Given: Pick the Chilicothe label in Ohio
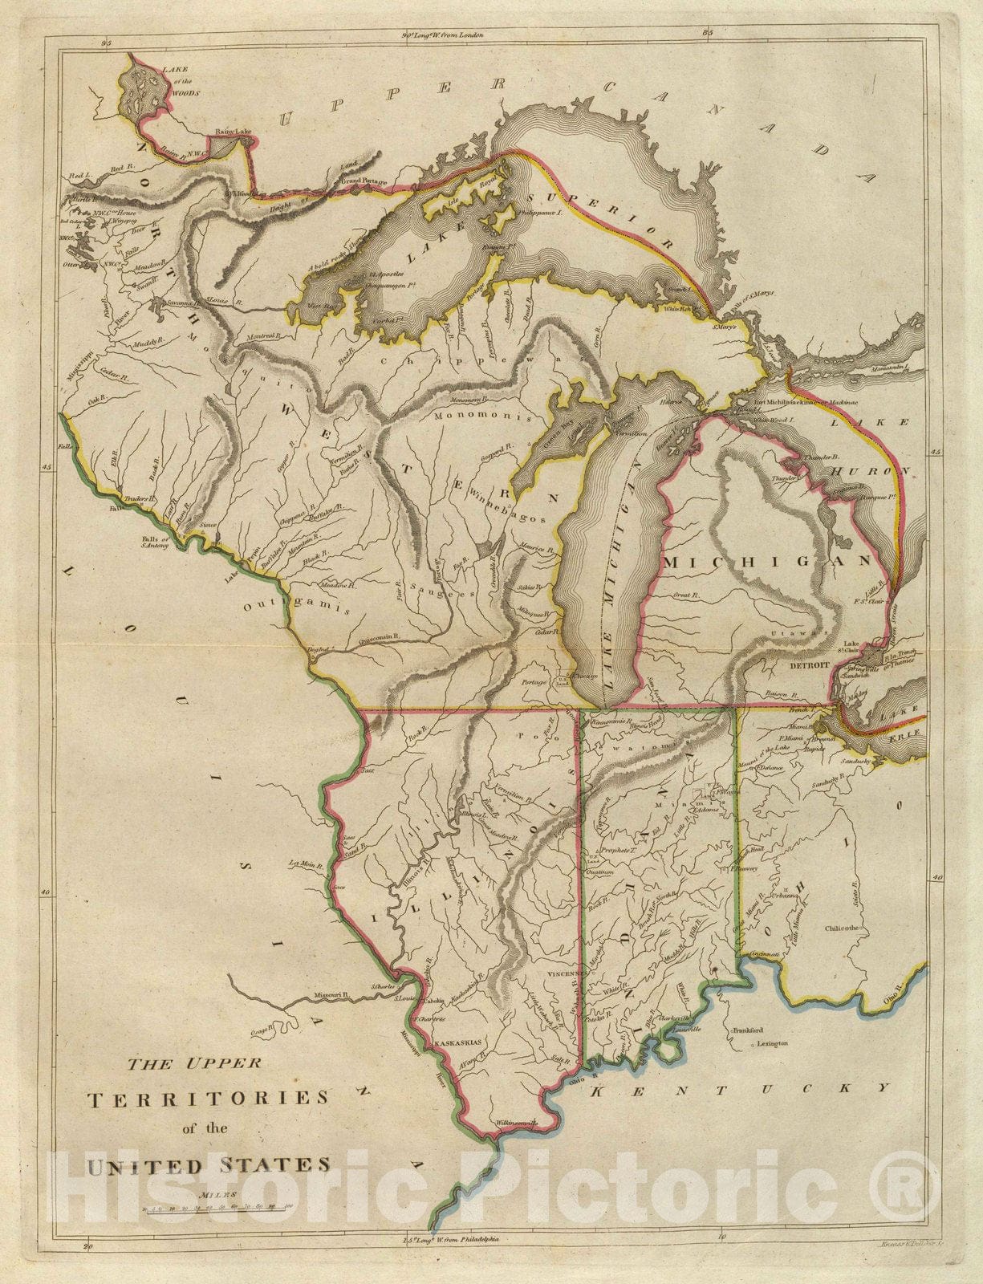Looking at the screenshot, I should click(843, 928).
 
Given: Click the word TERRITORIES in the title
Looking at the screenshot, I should click(208, 1098).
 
